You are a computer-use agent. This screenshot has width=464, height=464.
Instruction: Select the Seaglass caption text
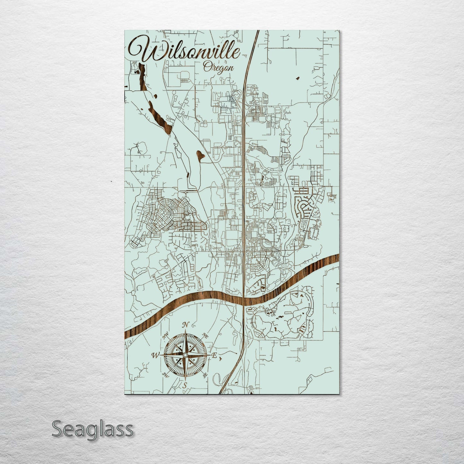92,429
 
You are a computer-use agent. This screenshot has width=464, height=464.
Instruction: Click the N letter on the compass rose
185,325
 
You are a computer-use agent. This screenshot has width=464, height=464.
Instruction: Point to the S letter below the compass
184,386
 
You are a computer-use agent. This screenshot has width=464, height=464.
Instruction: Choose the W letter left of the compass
155,355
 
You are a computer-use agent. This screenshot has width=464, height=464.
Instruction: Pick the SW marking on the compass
165,375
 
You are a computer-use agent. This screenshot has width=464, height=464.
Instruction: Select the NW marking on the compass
166,336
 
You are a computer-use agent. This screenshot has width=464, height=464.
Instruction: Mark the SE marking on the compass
205,375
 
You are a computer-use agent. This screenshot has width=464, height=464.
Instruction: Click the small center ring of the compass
185,355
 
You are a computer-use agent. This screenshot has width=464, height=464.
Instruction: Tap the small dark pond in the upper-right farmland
297,78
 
